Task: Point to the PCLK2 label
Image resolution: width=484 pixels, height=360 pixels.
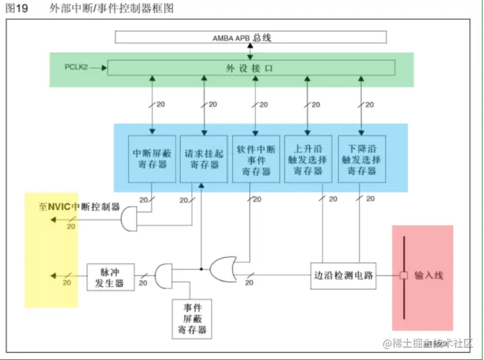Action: click(x=75, y=67)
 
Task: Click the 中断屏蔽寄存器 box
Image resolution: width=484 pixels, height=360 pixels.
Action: click(x=153, y=158)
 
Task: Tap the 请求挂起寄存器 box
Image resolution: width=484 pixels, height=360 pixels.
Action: click(x=204, y=158)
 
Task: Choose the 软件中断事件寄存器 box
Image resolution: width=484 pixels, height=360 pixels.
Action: click(x=256, y=158)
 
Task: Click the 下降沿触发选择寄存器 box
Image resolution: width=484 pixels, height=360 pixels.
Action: click(x=362, y=158)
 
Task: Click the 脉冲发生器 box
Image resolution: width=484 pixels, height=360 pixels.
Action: click(x=110, y=277)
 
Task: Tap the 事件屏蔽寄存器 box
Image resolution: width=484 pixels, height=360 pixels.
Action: click(x=192, y=318)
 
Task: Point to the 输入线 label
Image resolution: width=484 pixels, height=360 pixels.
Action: click(x=429, y=275)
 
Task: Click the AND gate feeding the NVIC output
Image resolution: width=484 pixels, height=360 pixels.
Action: click(x=131, y=219)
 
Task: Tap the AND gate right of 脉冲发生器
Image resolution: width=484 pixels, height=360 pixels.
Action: click(x=163, y=276)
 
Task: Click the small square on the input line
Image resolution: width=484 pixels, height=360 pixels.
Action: click(x=402, y=275)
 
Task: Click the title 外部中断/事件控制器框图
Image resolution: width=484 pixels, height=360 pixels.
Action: click(x=111, y=9)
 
